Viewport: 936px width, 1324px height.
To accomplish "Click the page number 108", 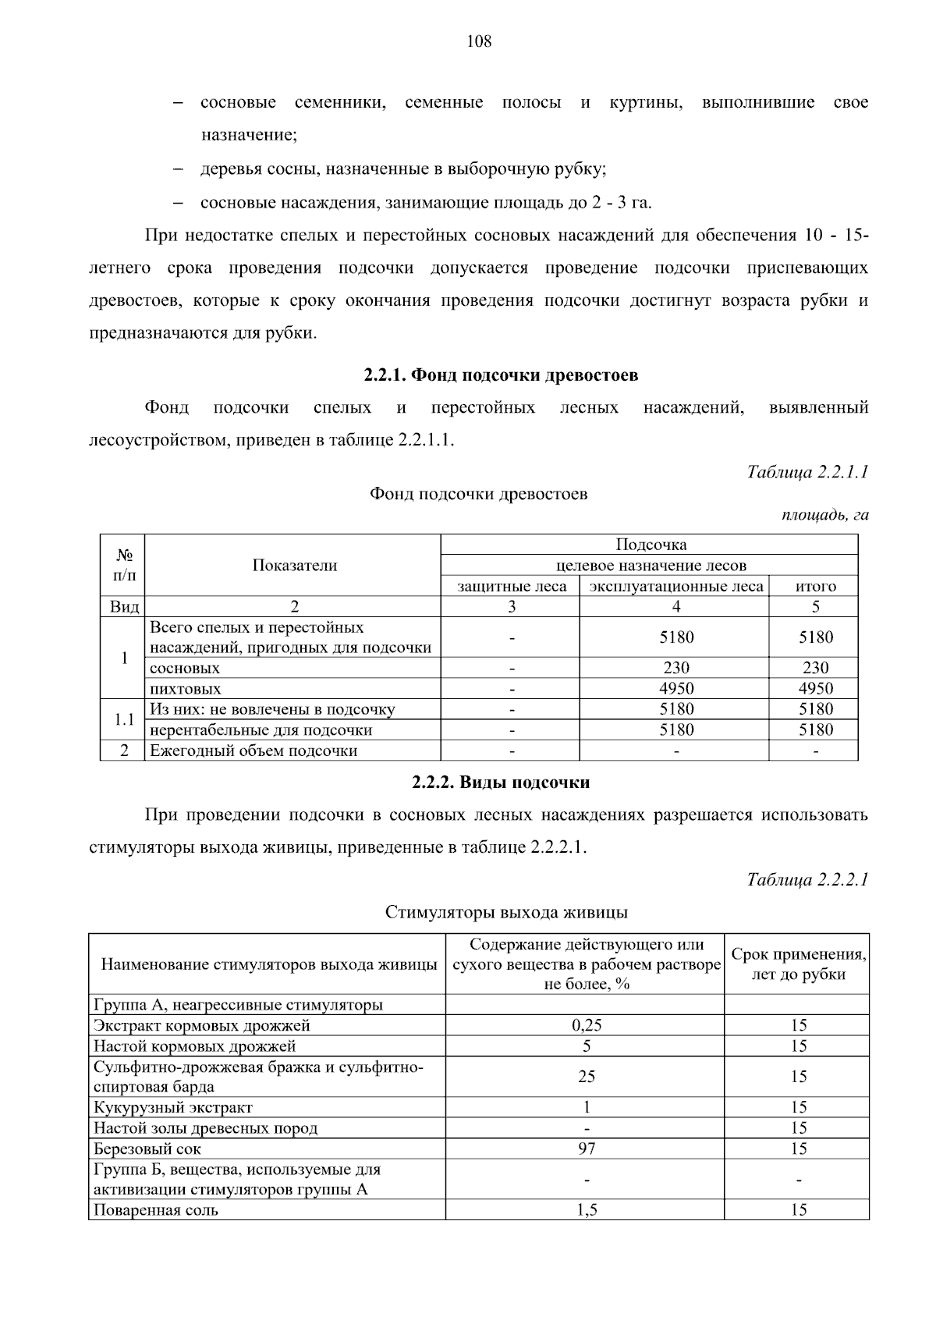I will (x=479, y=41).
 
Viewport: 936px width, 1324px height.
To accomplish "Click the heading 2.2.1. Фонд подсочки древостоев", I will (x=501, y=375).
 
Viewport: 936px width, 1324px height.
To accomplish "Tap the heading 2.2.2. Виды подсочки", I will (x=501, y=783).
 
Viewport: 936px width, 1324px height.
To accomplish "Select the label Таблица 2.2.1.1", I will (x=807, y=472).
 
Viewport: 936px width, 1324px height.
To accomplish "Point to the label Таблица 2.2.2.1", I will (x=807, y=879).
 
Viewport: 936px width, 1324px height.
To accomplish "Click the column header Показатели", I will (x=294, y=566).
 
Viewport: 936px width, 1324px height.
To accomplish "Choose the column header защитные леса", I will (x=512, y=586).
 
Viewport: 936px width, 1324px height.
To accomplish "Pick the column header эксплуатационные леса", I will (x=675, y=586).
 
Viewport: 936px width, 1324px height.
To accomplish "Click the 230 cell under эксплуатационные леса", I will (x=675, y=668).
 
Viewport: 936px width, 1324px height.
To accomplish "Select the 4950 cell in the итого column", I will (x=815, y=688).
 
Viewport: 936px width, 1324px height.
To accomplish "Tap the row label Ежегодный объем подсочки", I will (x=253, y=751).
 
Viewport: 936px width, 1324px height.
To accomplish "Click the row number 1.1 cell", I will (x=124, y=719).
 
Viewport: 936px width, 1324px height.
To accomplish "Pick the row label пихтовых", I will (x=186, y=689).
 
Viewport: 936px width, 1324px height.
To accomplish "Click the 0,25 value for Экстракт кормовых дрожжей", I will (x=586, y=1025).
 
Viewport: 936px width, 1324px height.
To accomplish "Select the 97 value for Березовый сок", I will (x=586, y=1148).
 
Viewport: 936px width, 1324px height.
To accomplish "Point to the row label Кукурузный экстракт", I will (x=173, y=1107).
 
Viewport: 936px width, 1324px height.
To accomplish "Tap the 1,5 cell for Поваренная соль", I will (x=586, y=1210).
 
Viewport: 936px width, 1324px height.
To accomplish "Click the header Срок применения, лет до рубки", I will (x=798, y=964).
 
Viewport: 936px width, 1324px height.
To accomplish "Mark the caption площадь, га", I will (x=824, y=515).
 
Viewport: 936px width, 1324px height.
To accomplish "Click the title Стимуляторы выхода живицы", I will (x=506, y=912).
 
